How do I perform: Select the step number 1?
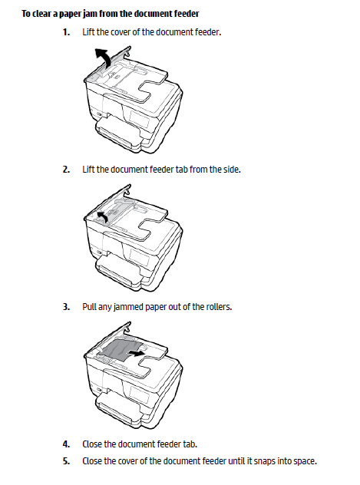[x=66, y=32]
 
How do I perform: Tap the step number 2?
[x=66, y=170]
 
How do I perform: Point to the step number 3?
[x=66, y=307]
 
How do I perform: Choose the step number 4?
[x=66, y=444]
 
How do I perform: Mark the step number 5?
[x=66, y=461]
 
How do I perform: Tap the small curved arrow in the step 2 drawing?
[x=103, y=216]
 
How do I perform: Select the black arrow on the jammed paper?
[x=137, y=353]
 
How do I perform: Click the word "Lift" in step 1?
[x=88, y=32]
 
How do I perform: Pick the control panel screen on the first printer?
[x=140, y=118]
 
